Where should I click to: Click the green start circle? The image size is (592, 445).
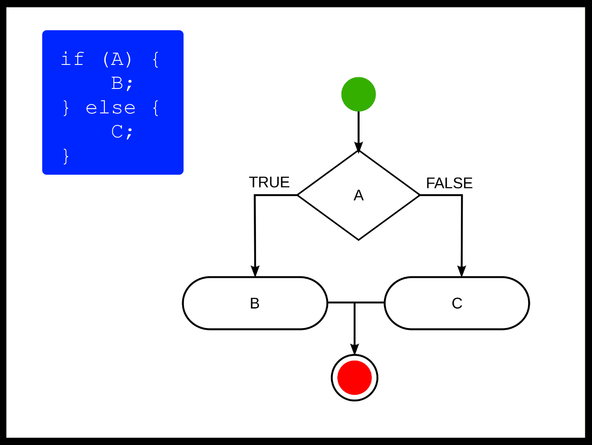point(359,94)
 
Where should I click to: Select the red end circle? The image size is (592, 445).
point(355,377)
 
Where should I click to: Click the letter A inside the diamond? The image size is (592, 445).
point(359,195)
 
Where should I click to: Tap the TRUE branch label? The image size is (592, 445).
point(269,182)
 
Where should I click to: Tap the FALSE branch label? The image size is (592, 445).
point(449,183)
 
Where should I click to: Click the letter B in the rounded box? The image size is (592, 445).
point(255,303)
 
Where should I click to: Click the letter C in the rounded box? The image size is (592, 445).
point(457,303)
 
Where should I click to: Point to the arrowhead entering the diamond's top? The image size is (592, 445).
point(359,147)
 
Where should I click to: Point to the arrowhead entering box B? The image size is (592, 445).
point(255,271)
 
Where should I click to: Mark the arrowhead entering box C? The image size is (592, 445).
point(462,271)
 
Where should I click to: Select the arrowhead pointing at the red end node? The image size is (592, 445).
point(355,349)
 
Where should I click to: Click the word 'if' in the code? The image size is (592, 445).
point(72,59)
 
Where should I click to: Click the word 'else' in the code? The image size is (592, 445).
point(110,108)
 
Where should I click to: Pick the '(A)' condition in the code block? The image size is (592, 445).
point(117,59)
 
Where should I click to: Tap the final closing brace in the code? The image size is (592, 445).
point(66,156)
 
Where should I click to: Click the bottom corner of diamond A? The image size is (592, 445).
point(359,240)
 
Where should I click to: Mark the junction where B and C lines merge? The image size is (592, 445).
point(355,303)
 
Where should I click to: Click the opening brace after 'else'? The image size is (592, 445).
point(156,108)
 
